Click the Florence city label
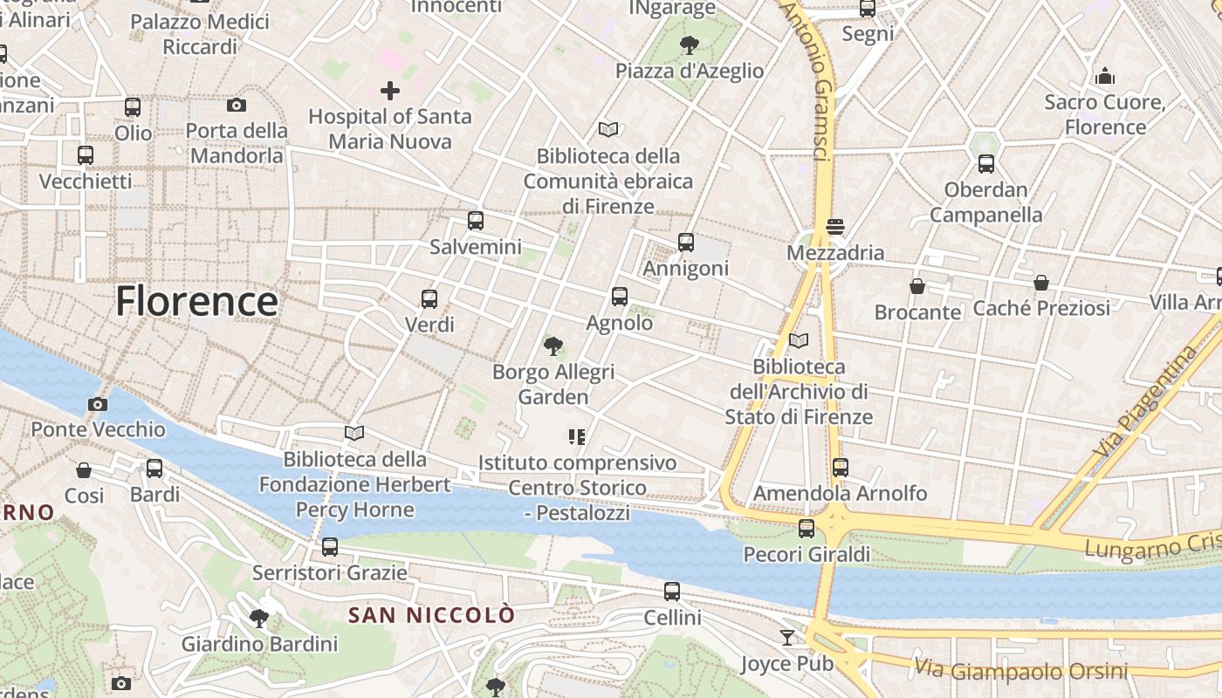pyautogui.click(x=196, y=301)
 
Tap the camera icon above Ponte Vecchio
pyautogui.click(x=98, y=404)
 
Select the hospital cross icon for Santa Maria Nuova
pyautogui.click(x=390, y=90)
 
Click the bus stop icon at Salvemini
pyautogui.click(x=475, y=221)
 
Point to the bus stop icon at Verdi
pyautogui.click(x=429, y=299)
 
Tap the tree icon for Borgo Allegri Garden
pyautogui.click(x=553, y=346)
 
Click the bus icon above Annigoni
pyautogui.click(x=685, y=243)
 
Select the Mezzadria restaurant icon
pyautogui.click(x=834, y=227)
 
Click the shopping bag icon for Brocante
pyautogui.click(x=917, y=286)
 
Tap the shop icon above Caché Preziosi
pyautogui.click(x=1040, y=283)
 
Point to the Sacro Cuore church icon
pyautogui.click(x=1105, y=77)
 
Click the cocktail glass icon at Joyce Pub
pyautogui.click(x=787, y=638)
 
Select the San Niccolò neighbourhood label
pyautogui.click(x=431, y=615)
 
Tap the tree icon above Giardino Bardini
pyautogui.click(x=258, y=619)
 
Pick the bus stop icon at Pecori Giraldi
pyautogui.click(x=806, y=528)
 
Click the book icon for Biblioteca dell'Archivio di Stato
pyautogui.click(x=798, y=340)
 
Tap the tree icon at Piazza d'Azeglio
pyautogui.click(x=689, y=44)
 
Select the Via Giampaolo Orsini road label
pyautogui.click(x=1021, y=670)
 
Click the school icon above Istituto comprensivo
pyautogui.click(x=576, y=436)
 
